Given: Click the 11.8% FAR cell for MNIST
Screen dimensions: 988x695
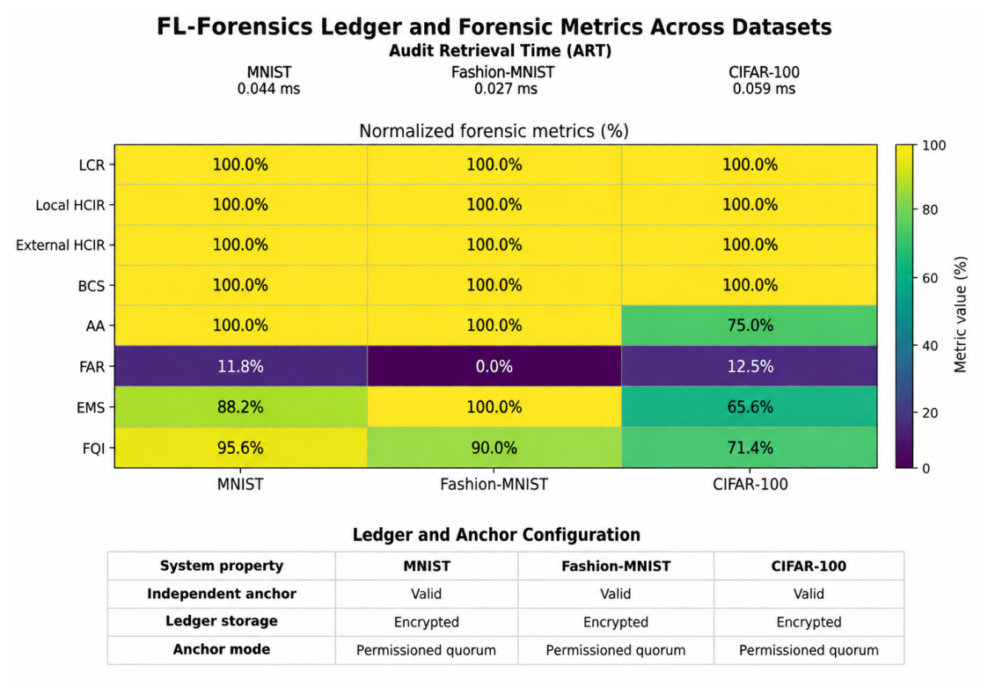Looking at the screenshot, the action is click(x=241, y=366).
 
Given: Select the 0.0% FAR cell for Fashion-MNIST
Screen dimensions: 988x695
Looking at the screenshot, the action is click(x=494, y=366).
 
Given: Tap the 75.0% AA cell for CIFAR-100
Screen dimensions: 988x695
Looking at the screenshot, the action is click(x=750, y=326).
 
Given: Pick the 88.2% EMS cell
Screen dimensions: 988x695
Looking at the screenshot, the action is click(x=241, y=407).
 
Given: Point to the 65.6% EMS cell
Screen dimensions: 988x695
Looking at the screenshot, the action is click(x=750, y=407).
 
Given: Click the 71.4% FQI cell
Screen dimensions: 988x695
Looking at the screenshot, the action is click(x=750, y=448).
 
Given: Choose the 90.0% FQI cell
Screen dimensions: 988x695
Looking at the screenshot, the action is click(x=494, y=448).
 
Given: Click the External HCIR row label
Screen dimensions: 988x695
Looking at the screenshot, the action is click(x=61, y=245).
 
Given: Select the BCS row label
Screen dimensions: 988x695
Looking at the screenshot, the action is click(x=91, y=286).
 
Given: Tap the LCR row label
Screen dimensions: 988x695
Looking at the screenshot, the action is click(x=92, y=165).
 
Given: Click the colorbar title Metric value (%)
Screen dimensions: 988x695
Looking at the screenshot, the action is click(x=960, y=314).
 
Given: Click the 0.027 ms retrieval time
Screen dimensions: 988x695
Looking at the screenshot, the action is click(x=505, y=89).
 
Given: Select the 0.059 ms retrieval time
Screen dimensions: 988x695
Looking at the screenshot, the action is click(x=764, y=89).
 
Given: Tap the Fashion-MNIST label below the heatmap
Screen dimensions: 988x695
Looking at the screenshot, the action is click(x=494, y=485).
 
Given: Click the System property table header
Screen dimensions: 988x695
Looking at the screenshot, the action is click(x=222, y=566).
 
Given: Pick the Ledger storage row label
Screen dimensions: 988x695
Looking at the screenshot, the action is click(x=222, y=621).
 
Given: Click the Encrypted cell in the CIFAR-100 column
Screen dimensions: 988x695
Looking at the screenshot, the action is click(x=809, y=623).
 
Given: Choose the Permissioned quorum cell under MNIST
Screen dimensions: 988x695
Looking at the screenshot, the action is click(x=426, y=650).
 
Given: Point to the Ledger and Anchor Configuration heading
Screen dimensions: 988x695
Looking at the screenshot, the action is click(x=496, y=535).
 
